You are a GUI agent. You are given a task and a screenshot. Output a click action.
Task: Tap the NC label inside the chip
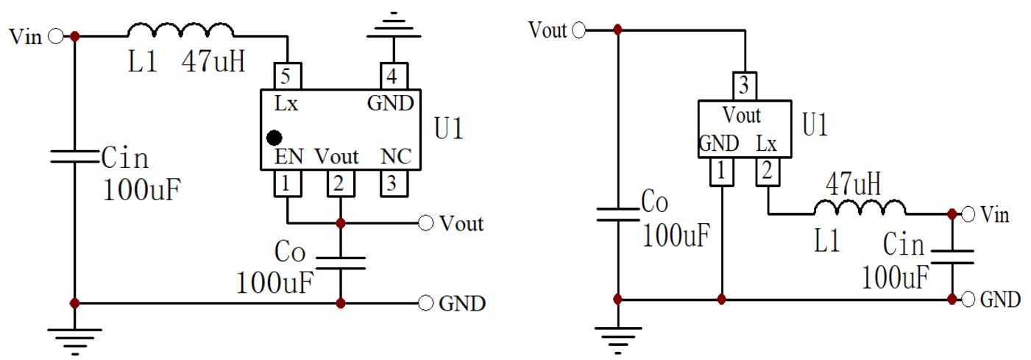tap(396, 157)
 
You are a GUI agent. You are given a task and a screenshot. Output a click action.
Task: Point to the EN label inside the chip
tap(287, 157)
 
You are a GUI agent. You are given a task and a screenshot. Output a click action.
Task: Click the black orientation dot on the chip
tap(274, 137)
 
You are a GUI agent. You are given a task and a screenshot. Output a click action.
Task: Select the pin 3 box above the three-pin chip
tap(743, 86)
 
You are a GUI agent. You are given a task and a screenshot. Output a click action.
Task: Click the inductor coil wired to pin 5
tap(180, 31)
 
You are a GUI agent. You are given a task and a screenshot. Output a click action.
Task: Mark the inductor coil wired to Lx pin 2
tap(859, 208)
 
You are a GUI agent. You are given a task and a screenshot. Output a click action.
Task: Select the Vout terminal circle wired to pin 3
tap(579, 30)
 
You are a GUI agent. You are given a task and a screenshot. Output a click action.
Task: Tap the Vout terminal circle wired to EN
tap(425, 223)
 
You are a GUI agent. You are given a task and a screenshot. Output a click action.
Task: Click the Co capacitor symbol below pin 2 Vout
tap(340, 263)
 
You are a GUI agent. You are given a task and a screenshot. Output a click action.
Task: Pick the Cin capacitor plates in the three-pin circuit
tap(951, 257)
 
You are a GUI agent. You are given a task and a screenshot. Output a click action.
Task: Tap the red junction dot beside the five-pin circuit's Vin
tap(74, 35)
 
